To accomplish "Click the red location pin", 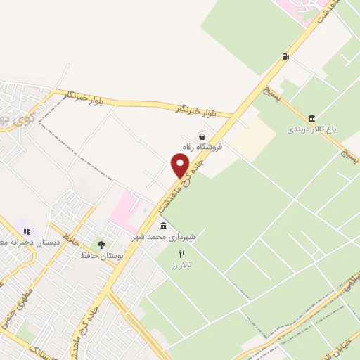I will [x=181, y=165].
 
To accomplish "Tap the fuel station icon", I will [x=285, y=56].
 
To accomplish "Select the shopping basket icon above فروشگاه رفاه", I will [x=202, y=136].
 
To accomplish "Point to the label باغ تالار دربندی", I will [x=312, y=129].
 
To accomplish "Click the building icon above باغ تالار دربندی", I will [x=311, y=117].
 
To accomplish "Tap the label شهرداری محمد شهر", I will [x=164, y=238].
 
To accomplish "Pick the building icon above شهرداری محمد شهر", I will [x=164, y=226].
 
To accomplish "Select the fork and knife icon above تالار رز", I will [x=181, y=255].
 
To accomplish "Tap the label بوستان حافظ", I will [x=102, y=255].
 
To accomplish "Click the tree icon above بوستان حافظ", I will [x=102, y=245].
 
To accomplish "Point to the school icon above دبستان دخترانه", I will [x=27, y=231].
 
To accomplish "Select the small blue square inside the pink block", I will [x=143, y=209].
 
